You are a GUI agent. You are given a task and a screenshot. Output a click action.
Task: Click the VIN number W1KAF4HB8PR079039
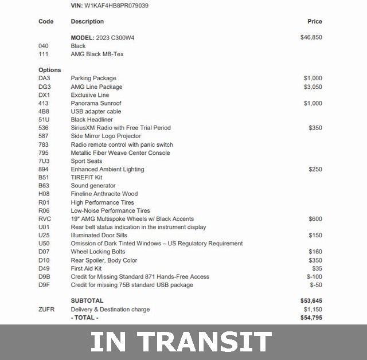[x=116, y=5]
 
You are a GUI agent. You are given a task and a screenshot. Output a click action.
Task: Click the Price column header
[x=315, y=21]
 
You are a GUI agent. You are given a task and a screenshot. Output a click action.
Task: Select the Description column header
[x=87, y=21]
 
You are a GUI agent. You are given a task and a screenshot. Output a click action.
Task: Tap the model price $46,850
[x=311, y=37]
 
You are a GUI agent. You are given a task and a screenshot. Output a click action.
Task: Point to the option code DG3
[x=45, y=87]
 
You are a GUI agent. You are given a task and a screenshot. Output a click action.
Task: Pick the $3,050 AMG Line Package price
[x=313, y=87]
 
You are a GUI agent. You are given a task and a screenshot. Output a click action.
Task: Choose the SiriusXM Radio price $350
[x=315, y=128]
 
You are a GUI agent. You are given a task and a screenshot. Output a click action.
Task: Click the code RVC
[x=45, y=218]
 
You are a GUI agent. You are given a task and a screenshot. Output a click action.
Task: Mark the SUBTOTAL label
[x=87, y=300]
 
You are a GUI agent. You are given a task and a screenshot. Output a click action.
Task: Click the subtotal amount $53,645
[x=311, y=300]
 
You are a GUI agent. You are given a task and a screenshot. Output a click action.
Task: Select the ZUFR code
[x=46, y=310]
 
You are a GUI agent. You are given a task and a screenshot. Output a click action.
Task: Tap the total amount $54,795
[x=311, y=318]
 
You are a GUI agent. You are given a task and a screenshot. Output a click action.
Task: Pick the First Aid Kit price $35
[x=317, y=268]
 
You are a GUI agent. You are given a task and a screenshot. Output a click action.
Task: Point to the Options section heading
[x=50, y=70]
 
